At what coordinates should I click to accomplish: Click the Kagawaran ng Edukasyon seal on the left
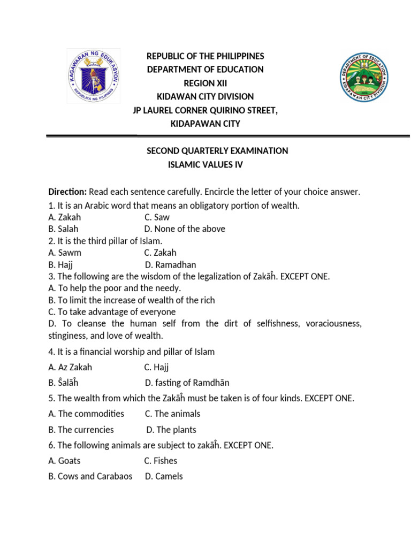(x=93, y=75)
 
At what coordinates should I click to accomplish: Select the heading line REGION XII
(x=205, y=83)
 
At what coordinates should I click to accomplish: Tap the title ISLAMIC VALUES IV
(x=205, y=165)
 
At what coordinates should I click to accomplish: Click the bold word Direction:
(x=67, y=192)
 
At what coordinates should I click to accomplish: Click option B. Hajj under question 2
(x=60, y=264)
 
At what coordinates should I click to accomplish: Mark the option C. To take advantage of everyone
(x=112, y=311)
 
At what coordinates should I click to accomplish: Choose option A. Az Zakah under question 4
(x=70, y=367)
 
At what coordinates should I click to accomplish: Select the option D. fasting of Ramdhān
(x=187, y=383)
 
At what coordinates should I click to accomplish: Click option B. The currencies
(x=81, y=430)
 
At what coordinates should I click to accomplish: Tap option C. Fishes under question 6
(x=161, y=461)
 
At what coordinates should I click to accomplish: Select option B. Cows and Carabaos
(x=90, y=476)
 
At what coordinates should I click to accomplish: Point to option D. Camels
(x=164, y=476)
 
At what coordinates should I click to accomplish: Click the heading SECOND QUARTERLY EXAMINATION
(x=217, y=151)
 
